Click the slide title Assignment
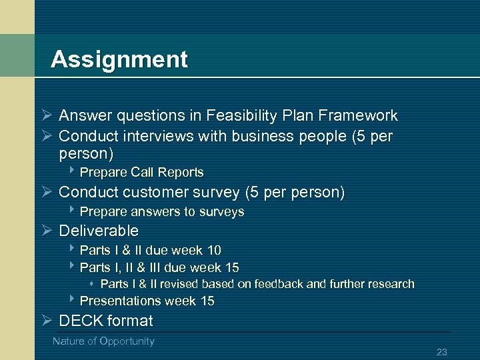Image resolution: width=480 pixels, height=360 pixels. pos(119,59)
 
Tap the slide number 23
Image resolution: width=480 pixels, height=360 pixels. pos(441,352)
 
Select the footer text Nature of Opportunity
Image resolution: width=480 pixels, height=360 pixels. pos(103,341)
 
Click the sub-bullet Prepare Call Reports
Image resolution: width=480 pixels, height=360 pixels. pos(141,172)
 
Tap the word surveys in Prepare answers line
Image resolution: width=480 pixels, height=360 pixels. pos(223,211)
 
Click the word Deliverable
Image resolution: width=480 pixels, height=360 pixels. pos(99,231)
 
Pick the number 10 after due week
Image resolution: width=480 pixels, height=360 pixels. pos(213,250)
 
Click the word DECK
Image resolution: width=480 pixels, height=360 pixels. pos(81,321)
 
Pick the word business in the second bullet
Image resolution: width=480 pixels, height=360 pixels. pos(259,136)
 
